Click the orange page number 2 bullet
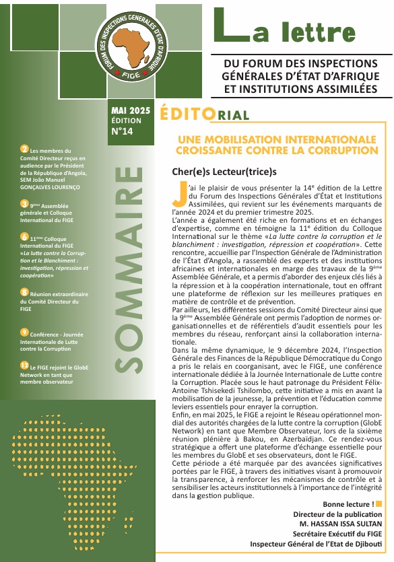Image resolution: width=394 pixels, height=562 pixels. [x=24, y=149]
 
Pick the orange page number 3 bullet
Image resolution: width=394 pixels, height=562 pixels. [x=24, y=203]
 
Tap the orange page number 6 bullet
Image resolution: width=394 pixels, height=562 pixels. [x=24, y=237]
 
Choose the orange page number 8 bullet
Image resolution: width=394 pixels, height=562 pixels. [x=24, y=292]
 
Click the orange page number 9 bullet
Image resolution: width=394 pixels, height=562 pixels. [x=24, y=332]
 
